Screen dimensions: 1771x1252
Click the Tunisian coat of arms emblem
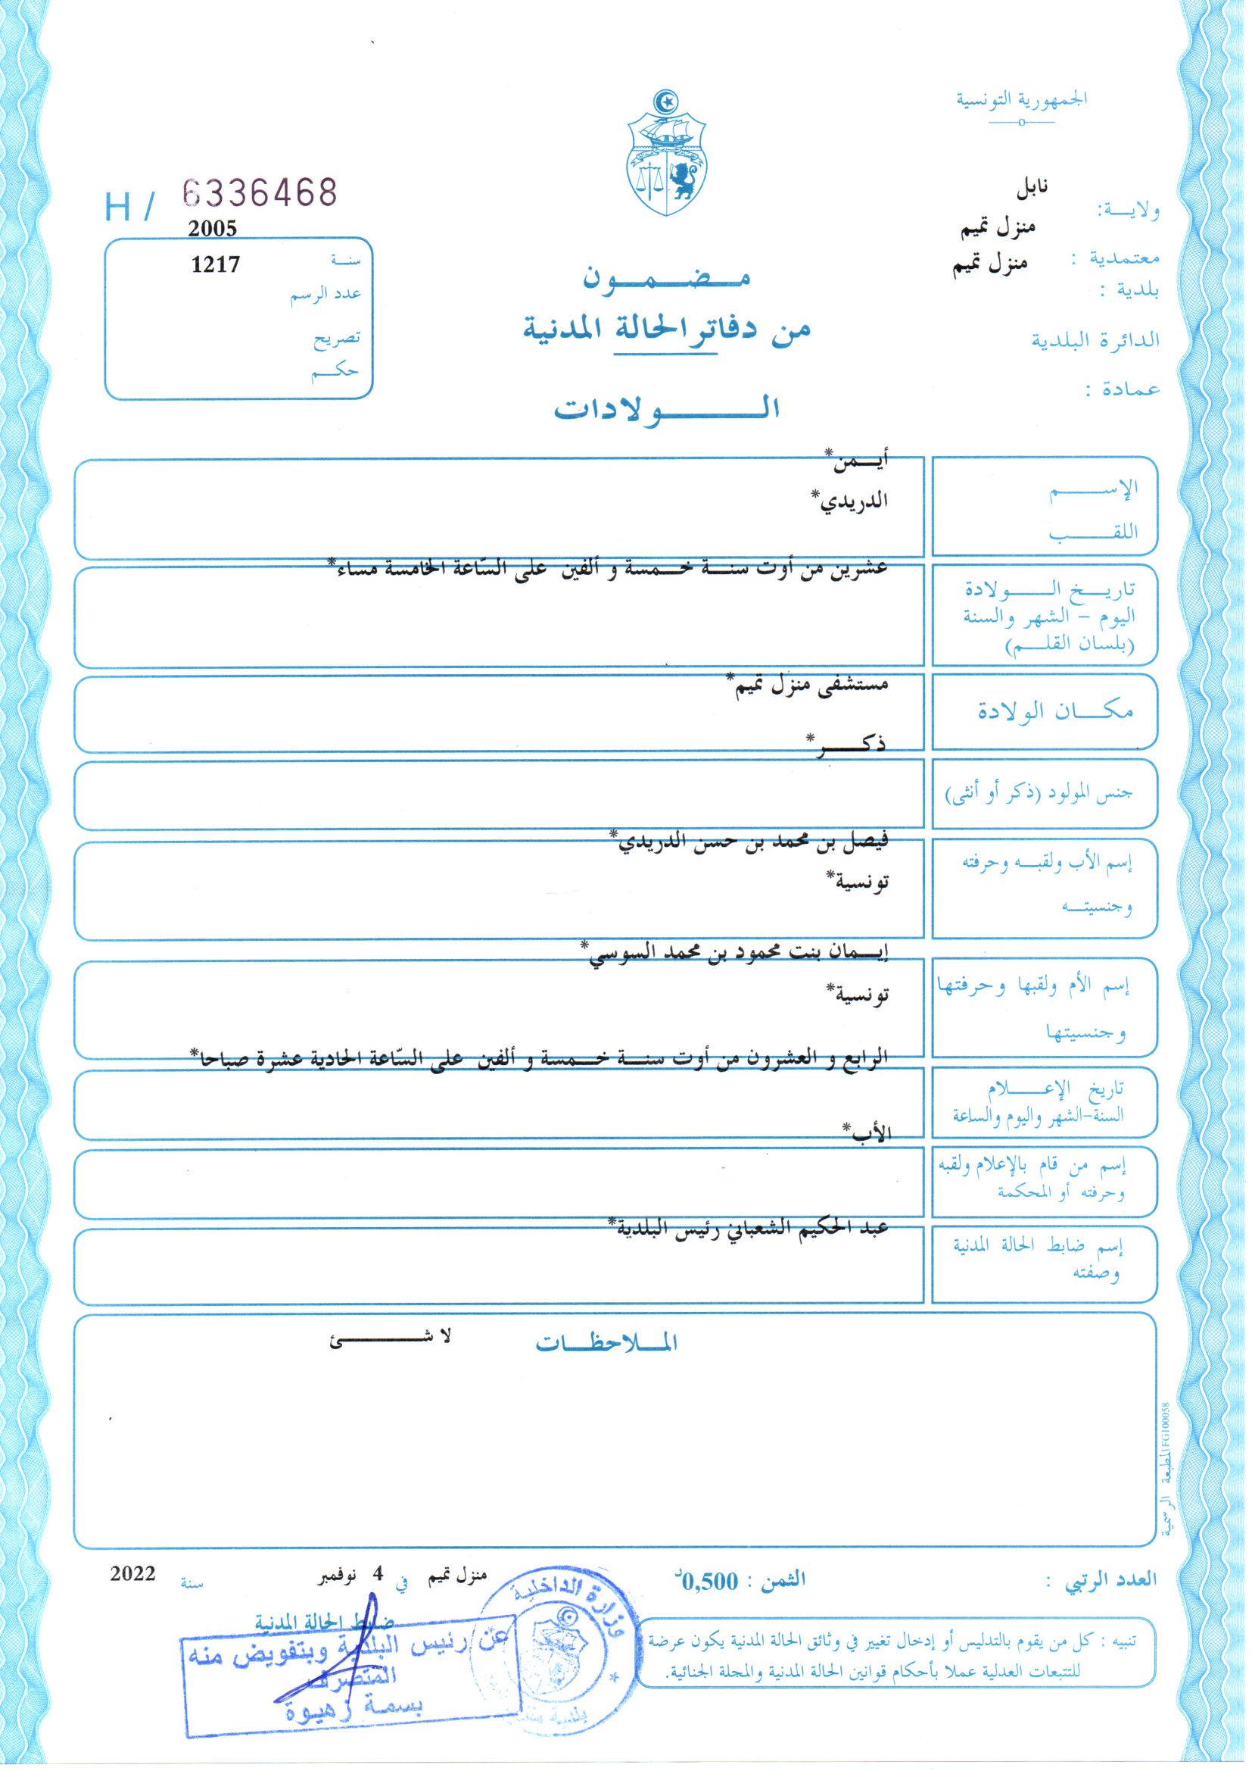tap(666, 154)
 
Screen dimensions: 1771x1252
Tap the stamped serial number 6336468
tap(260, 192)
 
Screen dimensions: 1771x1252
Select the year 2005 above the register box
tap(212, 228)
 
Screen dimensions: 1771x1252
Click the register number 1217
tap(215, 264)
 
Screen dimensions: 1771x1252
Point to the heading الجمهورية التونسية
tap(1021, 100)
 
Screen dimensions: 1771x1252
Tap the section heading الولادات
tap(666, 408)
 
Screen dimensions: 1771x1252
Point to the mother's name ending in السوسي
tap(736, 954)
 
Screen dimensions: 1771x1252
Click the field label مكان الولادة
tap(1055, 711)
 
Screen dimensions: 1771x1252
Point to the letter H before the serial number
tap(118, 207)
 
